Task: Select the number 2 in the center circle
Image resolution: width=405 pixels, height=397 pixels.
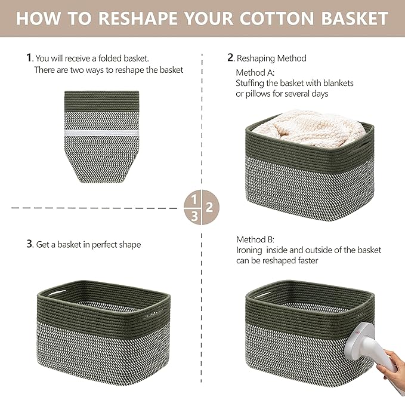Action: tap(209, 208)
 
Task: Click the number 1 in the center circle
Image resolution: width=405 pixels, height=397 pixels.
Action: tap(194, 199)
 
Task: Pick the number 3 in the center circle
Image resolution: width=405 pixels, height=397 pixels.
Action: tap(194, 217)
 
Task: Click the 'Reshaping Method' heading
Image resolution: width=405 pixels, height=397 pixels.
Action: tap(271, 58)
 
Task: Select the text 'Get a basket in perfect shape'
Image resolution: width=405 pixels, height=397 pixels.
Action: tap(88, 244)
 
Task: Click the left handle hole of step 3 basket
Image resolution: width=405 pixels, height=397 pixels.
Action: tap(52, 293)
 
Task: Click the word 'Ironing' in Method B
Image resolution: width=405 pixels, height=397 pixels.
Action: tap(251, 250)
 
